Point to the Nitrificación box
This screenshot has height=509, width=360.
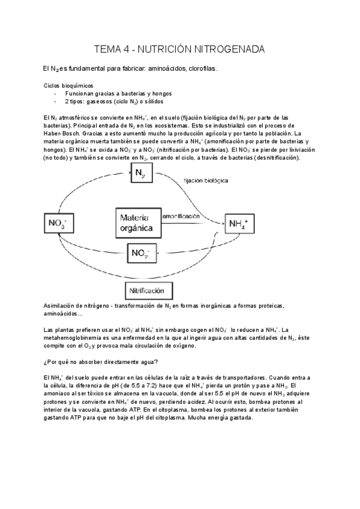coord(147,291)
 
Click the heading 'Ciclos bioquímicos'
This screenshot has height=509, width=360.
coord(68,85)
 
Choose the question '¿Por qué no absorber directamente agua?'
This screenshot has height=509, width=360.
coord(101,361)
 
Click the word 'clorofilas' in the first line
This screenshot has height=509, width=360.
coord(203,69)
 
